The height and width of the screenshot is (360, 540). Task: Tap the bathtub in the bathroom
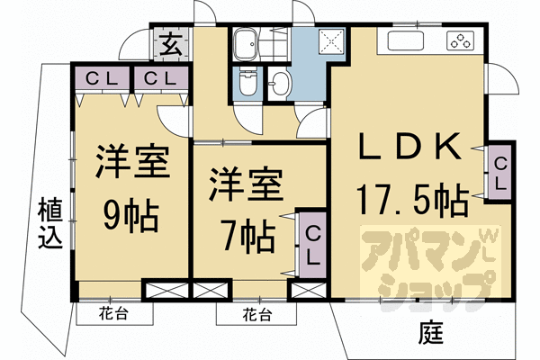[x=245, y=44]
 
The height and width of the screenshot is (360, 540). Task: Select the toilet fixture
[x=247, y=83]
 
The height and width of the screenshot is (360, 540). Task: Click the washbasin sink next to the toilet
[x=280, y=84]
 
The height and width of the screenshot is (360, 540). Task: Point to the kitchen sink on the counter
[x=406, y=41]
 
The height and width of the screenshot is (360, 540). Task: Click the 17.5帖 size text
[x=412, y=201]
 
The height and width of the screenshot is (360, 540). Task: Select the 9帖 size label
[x=131, y=216]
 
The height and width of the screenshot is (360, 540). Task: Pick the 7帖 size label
[x=248, y=237]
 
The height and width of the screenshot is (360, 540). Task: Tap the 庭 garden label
[x=430, y=332]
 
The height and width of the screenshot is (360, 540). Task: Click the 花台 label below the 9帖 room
[x=113, y=314]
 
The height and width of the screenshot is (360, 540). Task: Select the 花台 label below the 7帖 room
[x=256, y=315]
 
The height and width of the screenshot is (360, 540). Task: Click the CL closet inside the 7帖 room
[x=312, y=245]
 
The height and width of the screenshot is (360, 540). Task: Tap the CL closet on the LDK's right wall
[x=499, y=172]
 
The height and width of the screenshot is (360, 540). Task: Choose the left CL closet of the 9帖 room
[x=103, y=78]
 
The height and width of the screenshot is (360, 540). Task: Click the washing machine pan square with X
[x=331, y=41]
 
